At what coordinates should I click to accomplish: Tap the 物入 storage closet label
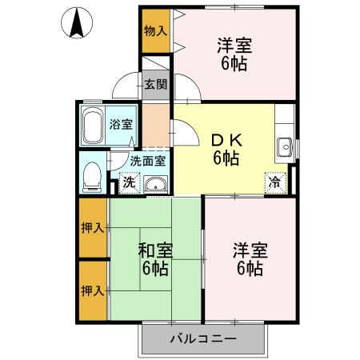[x=155, y=31]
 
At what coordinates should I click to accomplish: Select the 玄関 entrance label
[x=155, y=84]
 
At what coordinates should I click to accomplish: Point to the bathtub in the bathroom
[x=93, y=124]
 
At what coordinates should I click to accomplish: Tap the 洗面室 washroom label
[x=149, y=160]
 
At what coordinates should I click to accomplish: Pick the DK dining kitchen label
[x=226, y=138]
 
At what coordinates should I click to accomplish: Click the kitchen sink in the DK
[x=285, y=146]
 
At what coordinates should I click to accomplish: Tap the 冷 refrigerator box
[x=275, y=182]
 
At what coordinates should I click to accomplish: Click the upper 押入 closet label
[x=92, y=228]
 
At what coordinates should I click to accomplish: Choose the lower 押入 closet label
[x=92, y=290]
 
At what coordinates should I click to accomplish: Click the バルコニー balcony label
[x=202, y=340]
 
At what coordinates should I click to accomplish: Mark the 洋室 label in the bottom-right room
[x=249, y=250]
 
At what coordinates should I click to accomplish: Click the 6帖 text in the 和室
[x=154, y=270]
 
